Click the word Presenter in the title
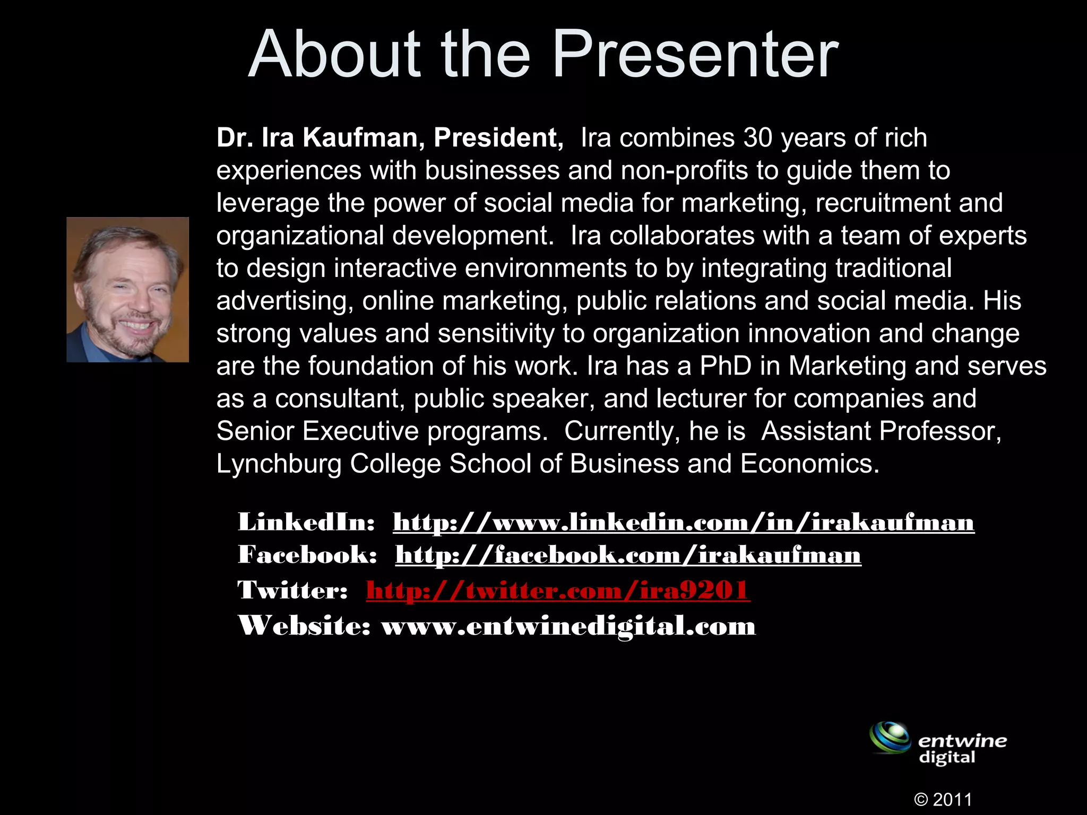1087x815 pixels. pos(695,55)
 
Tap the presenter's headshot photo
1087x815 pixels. pos(128,290)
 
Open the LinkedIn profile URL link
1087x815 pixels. pos(684,523)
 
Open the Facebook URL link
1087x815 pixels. pos(628,556)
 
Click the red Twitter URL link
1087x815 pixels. pos(558,591)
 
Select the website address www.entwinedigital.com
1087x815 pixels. pos(568,626)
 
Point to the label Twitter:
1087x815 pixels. pos(292,591)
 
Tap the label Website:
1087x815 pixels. pos(304,626)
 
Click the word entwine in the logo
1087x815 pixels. pos(962,741)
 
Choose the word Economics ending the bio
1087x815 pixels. pos(809,464)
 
